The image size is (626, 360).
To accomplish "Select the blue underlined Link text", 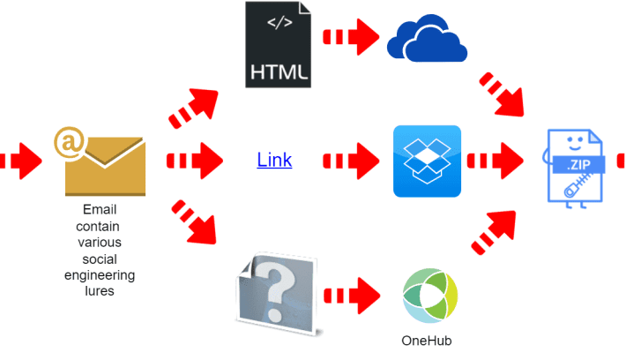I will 274,161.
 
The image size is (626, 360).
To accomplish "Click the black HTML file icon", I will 279,45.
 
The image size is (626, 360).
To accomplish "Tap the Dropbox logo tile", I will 427,161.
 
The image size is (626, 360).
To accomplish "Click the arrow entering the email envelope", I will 19,161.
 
